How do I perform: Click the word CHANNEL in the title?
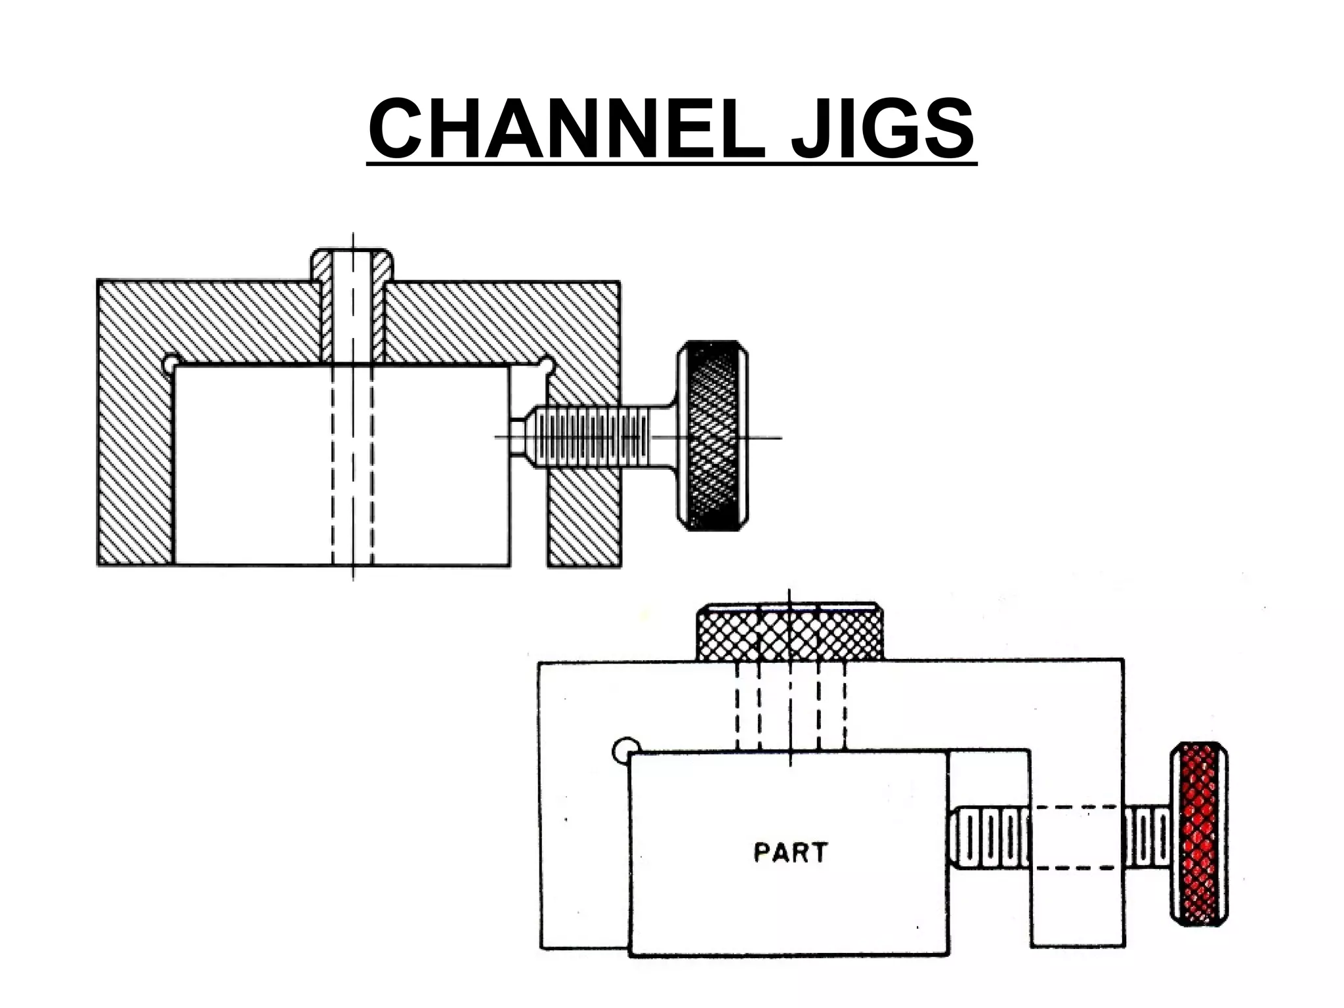tap(566, 129)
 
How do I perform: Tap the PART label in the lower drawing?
tap(791, 852)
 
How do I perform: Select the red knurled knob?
tap(1199, 833)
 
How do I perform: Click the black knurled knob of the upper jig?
tap(713, 436)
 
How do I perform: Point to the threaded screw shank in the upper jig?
tap(591, 436)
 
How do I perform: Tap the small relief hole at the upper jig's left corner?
tap(170, 362)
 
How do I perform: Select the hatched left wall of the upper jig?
tap(135, 459)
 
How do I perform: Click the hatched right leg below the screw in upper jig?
tap(583, 518)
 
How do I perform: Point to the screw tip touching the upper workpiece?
tap(518, 436)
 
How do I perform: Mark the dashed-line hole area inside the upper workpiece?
tap(352, 466)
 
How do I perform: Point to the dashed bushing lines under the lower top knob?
tap(790, 705)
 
